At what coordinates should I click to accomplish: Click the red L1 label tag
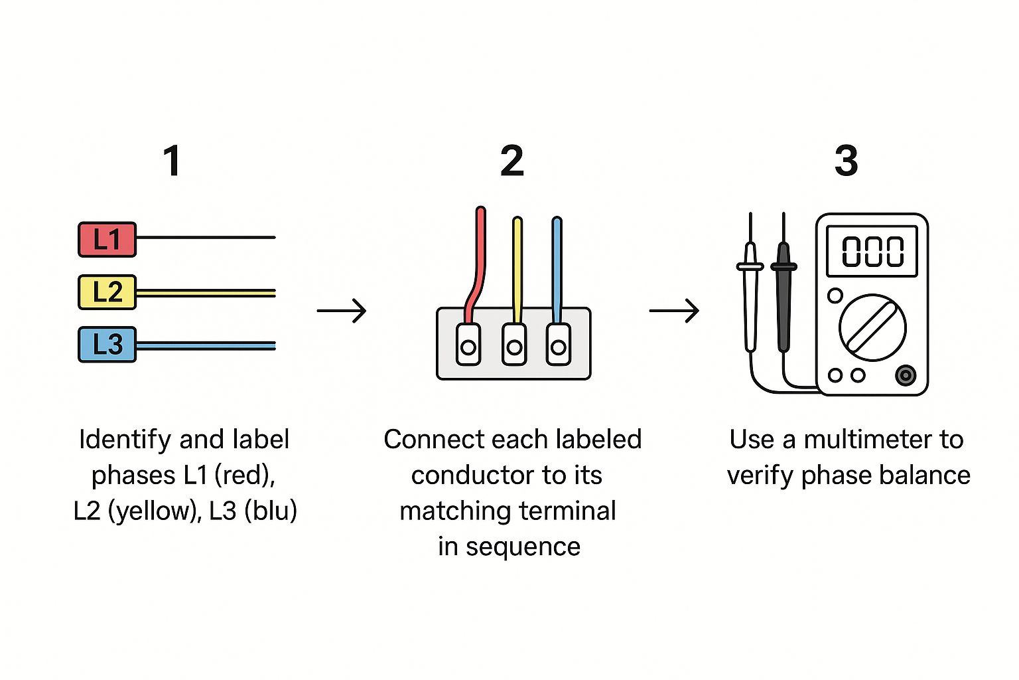coord(107,240)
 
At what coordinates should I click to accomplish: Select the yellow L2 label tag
coord(107,292)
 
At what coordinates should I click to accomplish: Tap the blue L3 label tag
coord(107,345)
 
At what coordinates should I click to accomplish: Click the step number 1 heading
coord(172,161)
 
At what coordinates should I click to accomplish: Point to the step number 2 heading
coord(511,161)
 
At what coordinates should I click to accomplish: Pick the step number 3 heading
coord(846,161)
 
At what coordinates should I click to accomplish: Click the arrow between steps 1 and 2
coord(342,311)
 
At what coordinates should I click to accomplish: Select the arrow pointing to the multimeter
coord(674,311)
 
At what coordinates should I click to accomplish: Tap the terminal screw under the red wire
coord(468,347)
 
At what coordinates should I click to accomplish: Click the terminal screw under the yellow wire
coord(514,347)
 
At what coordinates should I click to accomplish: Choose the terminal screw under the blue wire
coord(559,347)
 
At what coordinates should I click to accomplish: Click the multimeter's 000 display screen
coord(872,252)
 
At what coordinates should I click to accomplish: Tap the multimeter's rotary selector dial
coord(872,327)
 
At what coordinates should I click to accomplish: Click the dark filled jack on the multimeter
coord(906,375)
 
